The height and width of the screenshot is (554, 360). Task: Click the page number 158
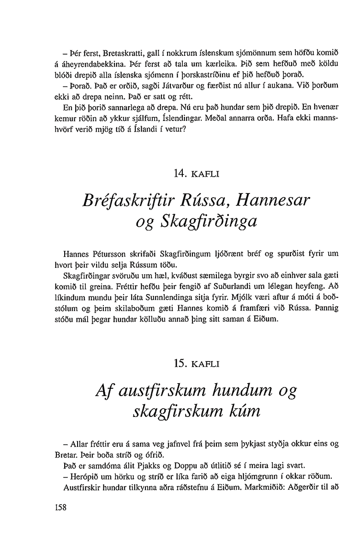click(x=60, y=507)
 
